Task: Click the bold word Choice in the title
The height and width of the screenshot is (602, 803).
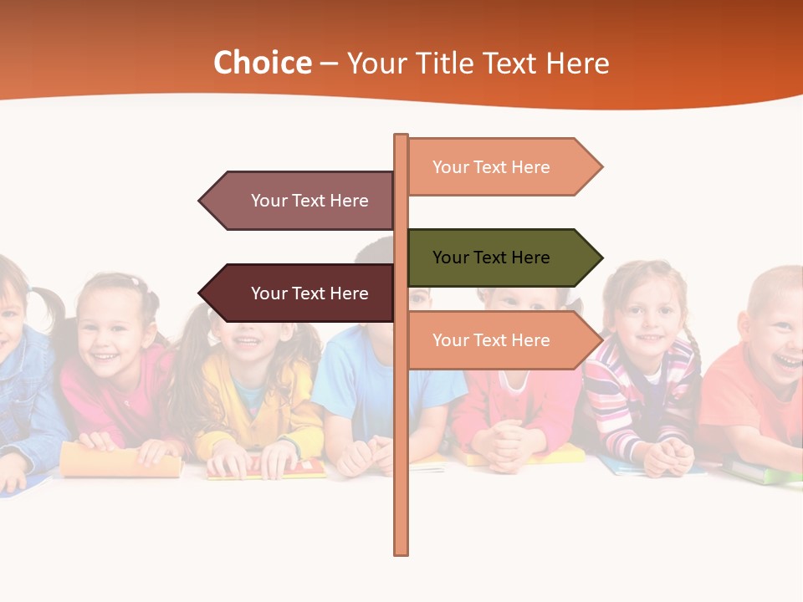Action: point(262,64)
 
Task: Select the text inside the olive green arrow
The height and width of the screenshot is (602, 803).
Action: point(491,258)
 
